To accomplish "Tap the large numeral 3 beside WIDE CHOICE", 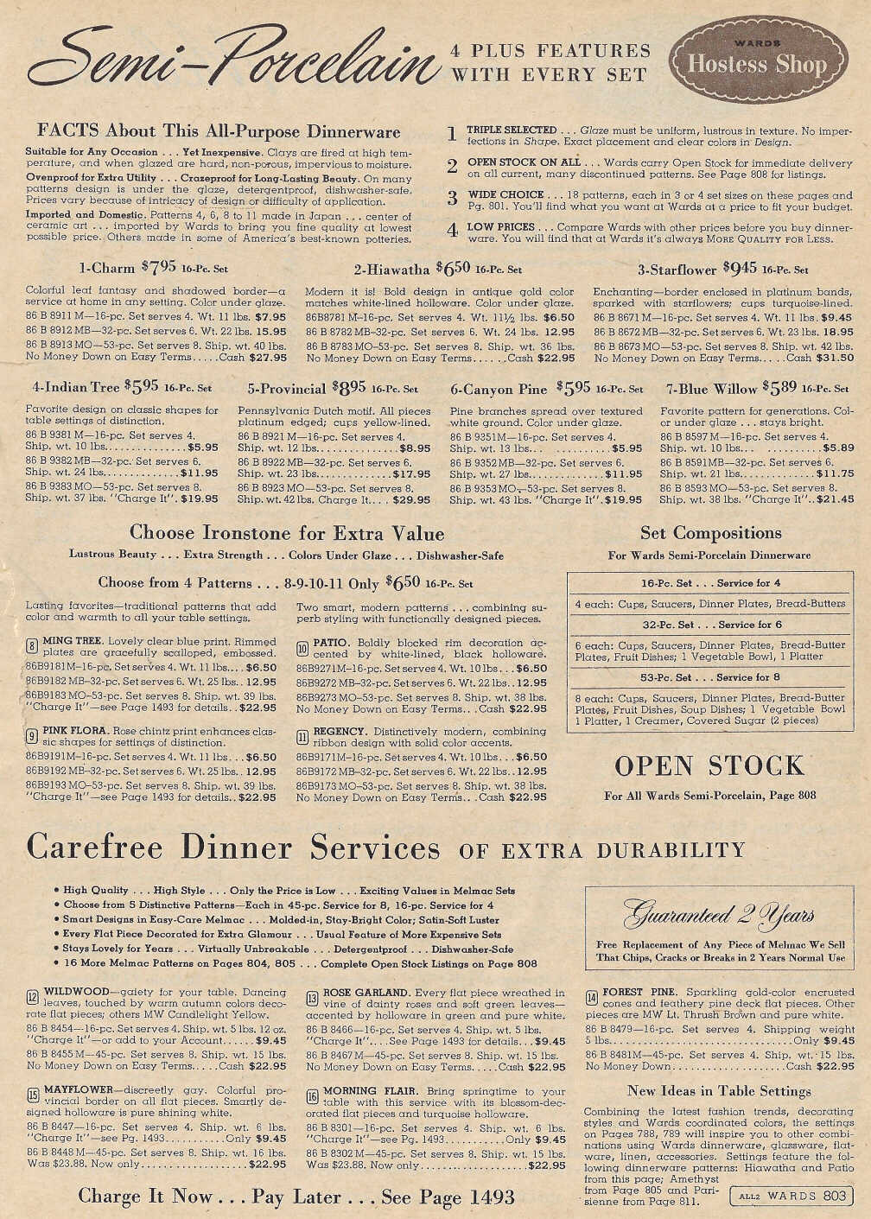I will (x=452, y=198).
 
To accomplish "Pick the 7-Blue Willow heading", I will (x=757, y=388).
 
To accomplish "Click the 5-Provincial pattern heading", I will (x=332, y=389).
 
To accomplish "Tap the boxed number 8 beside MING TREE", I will (x=31, y=647).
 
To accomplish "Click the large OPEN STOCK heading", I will (x=709, y=766).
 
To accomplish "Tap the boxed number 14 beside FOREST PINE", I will (x=591, y=999).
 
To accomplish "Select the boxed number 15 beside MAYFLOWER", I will (x=33, y=1096).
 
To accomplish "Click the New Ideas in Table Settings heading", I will (x=719, y=1090).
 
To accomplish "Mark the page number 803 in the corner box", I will (x=834, y=1196).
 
